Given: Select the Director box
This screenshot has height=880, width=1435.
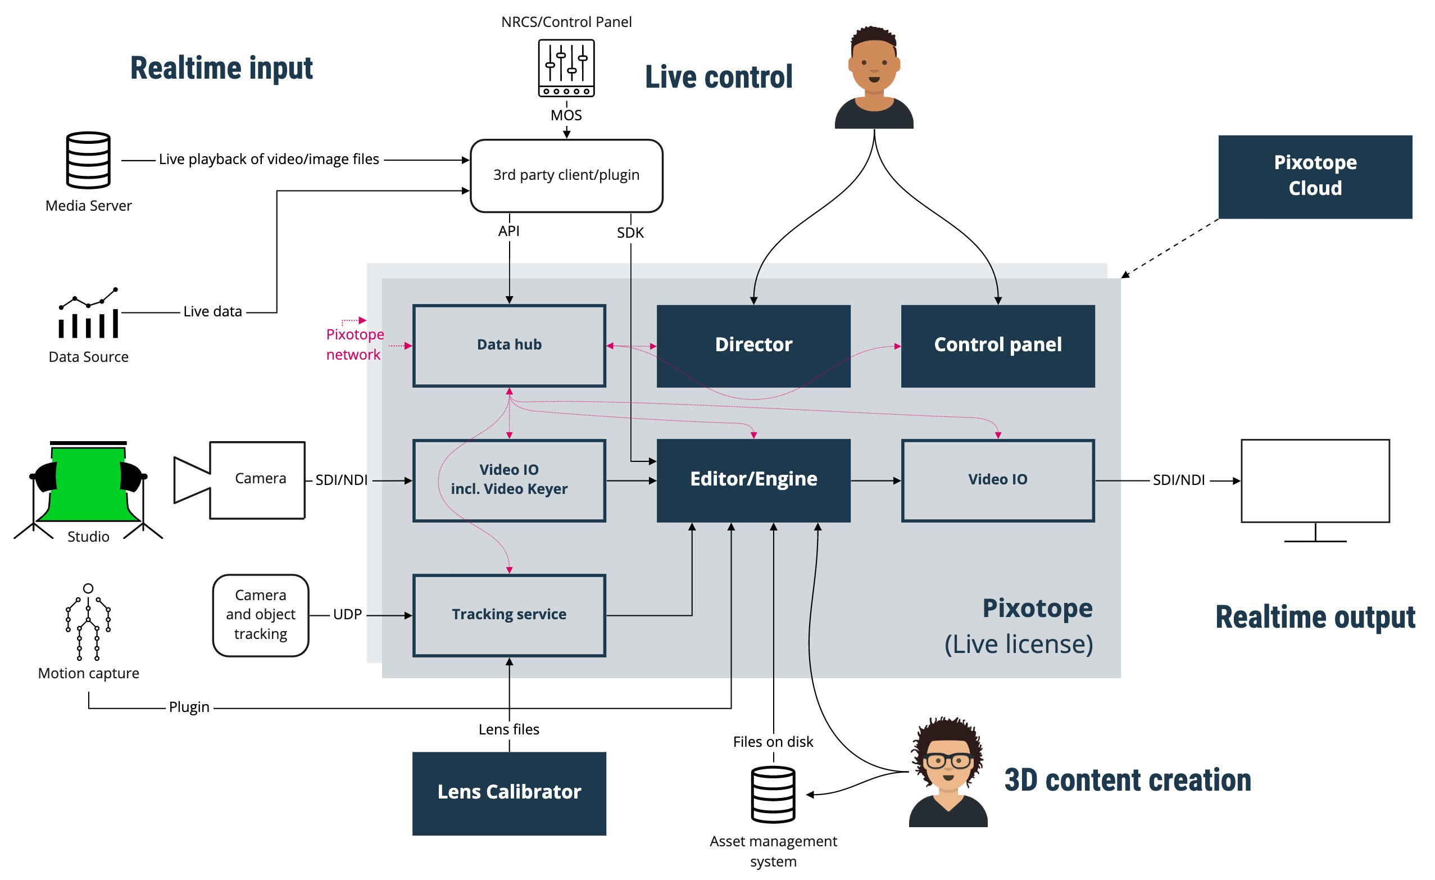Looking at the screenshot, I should click(753, 346).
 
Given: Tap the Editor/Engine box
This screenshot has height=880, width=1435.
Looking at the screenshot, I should click(753, 480).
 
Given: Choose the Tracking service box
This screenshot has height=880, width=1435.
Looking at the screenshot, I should click(509, 615).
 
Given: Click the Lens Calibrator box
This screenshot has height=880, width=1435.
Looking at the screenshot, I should click(509, 793).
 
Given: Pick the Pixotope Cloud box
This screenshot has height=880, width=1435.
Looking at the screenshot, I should click(1314, 176).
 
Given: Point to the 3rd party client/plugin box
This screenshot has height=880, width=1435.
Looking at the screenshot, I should click(566, 175).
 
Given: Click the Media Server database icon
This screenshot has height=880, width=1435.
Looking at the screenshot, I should click(89, 160).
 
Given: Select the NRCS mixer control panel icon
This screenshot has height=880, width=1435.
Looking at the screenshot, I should click(566, 67).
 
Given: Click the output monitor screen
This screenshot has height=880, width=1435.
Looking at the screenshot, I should click(1314, 480).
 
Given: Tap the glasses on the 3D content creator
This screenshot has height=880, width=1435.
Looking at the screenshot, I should click(947, 760).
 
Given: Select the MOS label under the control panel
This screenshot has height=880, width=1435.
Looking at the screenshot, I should click(566, 115).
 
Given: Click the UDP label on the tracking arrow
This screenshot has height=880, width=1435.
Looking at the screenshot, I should click(347, 614).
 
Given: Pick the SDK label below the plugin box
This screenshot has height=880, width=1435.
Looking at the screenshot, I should click(630, 233).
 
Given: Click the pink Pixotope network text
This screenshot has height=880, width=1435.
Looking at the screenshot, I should click(354, 345).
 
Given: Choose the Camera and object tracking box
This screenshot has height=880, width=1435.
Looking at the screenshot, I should click(260, 615).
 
